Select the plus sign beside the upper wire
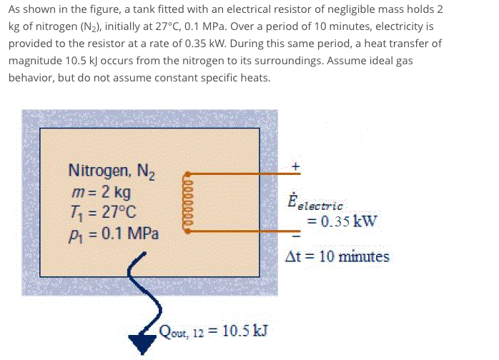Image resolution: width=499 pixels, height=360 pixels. [295, 165]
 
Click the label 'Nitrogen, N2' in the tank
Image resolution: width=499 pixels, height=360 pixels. [117, 171]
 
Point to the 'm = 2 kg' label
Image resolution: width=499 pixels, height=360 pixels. [102, 191]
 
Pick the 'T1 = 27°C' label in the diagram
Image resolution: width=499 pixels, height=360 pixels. [101, 212]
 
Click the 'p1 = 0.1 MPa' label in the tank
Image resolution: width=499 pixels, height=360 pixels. [114, 234]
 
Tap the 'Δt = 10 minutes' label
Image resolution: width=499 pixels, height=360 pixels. [337, 256]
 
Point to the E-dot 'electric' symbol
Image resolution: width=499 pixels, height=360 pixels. [315, 202]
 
